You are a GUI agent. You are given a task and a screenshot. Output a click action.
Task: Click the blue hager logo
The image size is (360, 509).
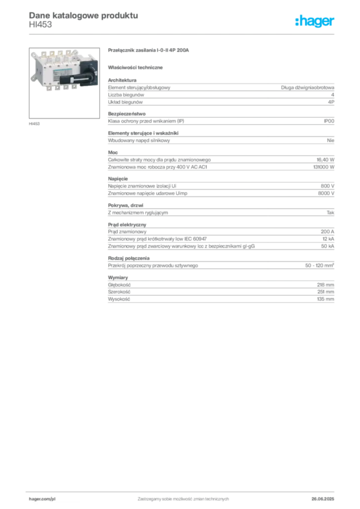[x=315, y=21]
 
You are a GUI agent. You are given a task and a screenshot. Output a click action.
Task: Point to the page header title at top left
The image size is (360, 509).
[x=83, y=14]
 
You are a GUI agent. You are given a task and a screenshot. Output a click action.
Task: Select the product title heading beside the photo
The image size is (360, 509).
[x=149, y=51]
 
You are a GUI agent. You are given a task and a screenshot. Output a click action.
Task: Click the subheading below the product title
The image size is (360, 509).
[x=137, y=67]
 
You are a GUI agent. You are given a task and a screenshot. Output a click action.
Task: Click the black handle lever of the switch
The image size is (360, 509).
[x=79, y=79]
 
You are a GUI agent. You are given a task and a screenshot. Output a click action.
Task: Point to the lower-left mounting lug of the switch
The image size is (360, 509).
[x=31, y=79]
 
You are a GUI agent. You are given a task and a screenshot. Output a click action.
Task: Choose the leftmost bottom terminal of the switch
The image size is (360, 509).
[x=52, y=88]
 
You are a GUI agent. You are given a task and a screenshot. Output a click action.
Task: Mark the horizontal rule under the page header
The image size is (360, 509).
[x=182, y=33]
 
